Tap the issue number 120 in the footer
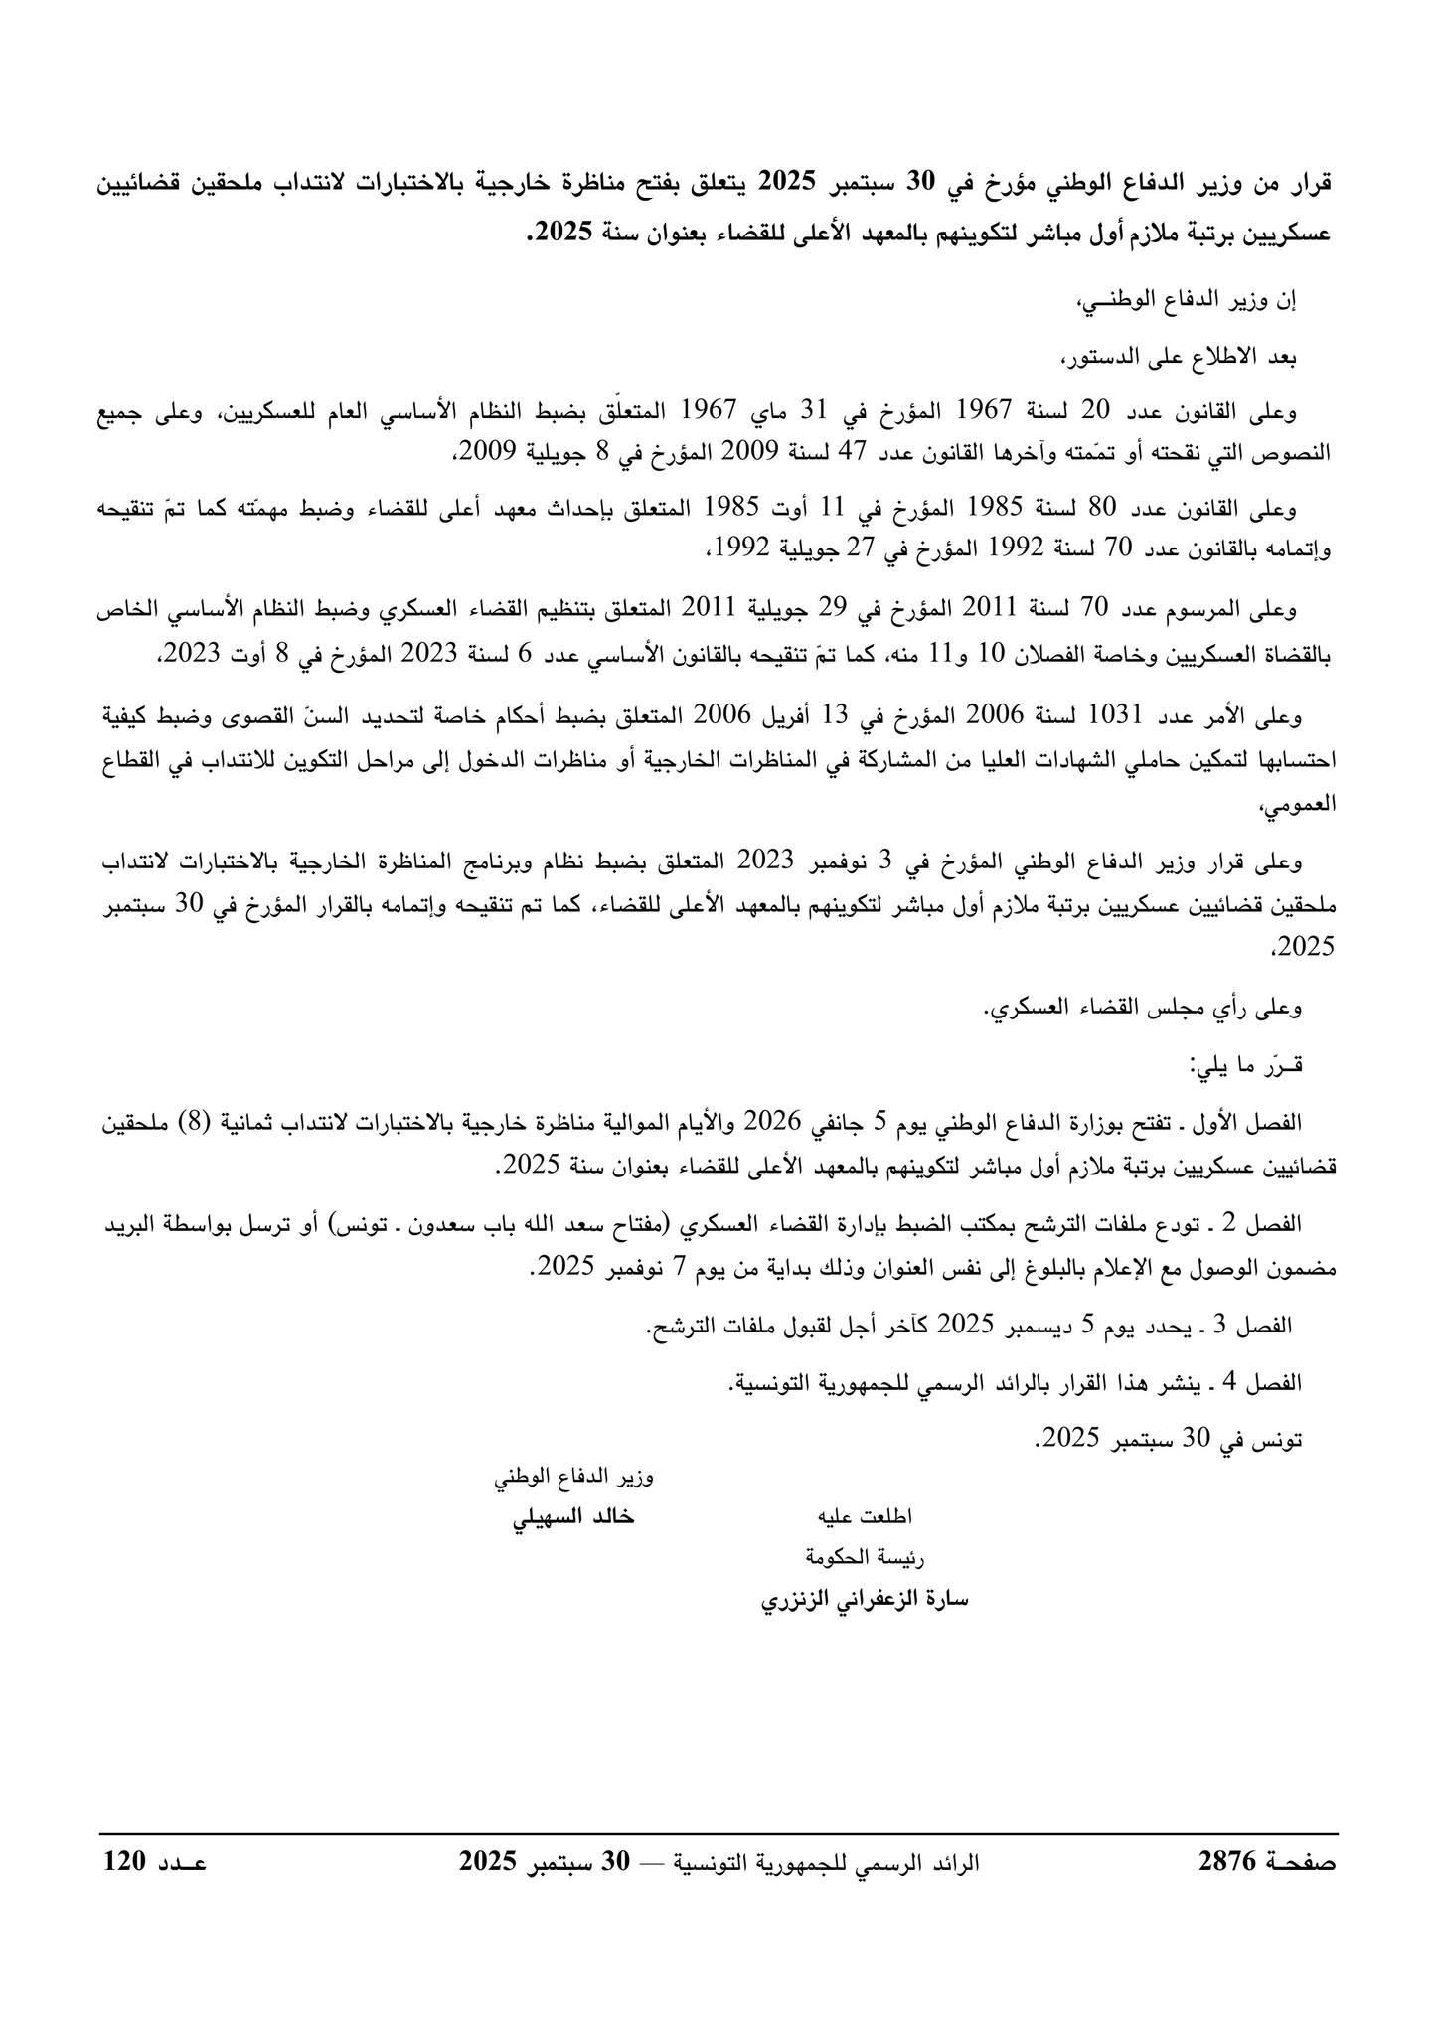coord(126,1861)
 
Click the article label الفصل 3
coord(1260,1325)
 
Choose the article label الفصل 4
coord(1260,1382)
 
